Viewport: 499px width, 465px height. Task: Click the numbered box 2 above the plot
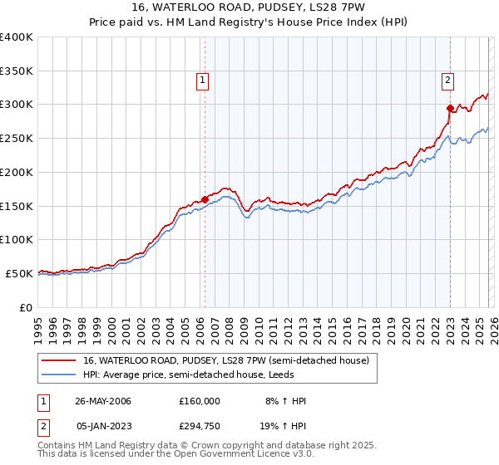tap(447, 81)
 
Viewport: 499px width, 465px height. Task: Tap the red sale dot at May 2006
tap(205, 198)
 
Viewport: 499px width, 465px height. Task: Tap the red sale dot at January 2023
tap(450, 107)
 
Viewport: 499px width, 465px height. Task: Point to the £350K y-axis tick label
tap(17, 71)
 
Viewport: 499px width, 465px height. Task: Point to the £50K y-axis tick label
tap(20, 273)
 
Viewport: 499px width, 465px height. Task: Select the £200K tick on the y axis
tap(17, 172)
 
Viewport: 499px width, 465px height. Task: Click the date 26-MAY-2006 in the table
tap(103, 401)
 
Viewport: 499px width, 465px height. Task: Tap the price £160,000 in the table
tap(200, 401)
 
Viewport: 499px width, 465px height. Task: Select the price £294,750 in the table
tap(200, 428)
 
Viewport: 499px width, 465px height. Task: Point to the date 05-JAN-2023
tap(103, 428)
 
